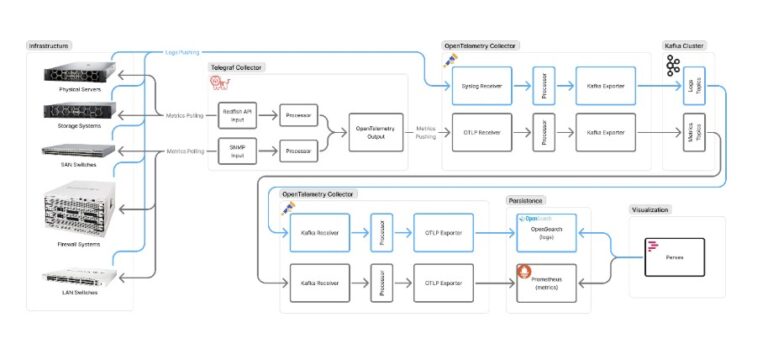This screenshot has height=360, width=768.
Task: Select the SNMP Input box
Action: tap(237, 152)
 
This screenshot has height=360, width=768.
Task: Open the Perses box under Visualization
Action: tap(674, 256)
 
